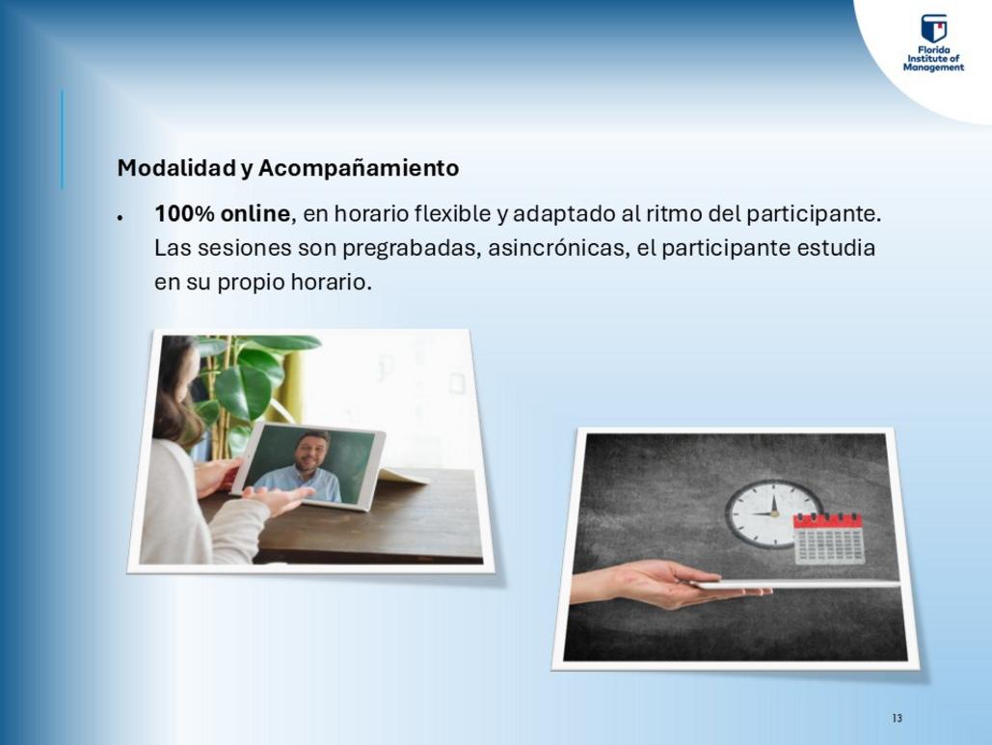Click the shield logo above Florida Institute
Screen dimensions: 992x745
point(934,29)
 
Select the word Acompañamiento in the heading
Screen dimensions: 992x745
point(359,169)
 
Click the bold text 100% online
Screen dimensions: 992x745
point(222,213)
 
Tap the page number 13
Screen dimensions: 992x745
point(898,718)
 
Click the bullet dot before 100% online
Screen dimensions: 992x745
point(120,217)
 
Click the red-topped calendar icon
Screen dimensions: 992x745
point(828,538)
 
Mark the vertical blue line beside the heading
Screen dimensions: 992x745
point(62,139)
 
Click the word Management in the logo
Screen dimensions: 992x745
point(933,68)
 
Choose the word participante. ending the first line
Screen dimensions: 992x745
point(814,214)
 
